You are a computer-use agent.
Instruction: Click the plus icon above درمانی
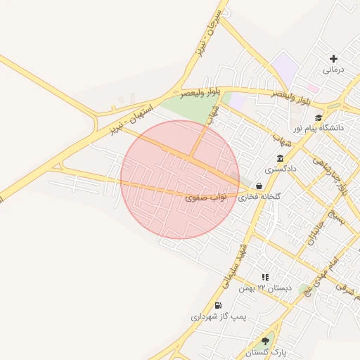333,59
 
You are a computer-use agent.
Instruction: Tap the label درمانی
333,70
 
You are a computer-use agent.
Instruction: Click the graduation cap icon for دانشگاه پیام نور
319,118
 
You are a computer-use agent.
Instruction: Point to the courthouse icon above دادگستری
281,158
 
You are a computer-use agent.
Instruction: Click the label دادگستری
281,169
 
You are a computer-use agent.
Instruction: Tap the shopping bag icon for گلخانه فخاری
259,187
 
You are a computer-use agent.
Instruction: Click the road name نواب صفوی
205,198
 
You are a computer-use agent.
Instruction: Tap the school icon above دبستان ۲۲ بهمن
265,278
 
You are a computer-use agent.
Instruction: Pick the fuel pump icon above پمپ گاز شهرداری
218,306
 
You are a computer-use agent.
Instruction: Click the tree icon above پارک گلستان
265,341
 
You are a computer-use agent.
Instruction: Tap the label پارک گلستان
265,352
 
